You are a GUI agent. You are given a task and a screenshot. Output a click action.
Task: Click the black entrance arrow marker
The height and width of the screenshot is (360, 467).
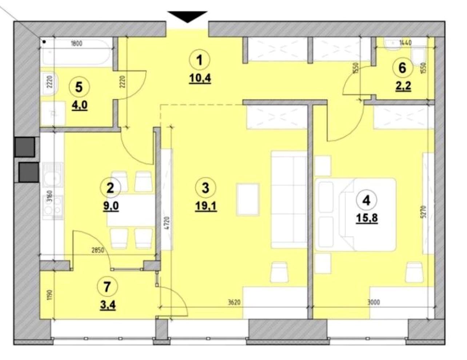pyautogui.click(x=187, y=16)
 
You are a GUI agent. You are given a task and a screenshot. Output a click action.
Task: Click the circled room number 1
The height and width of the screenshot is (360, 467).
pyautogui.click(x=200, y=60)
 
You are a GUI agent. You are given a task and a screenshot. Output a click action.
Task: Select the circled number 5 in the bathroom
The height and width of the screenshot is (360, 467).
pyautogui.click(x=79, y=87)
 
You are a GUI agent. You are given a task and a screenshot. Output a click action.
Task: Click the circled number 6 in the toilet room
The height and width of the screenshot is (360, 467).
pyautogui.click(x=402, y=68)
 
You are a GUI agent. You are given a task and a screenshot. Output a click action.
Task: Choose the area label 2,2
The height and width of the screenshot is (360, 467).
pyautogui.click(x=403, y=86)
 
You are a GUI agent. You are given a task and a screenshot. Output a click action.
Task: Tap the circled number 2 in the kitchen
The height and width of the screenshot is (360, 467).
pyautogui.click(x=110, y=188)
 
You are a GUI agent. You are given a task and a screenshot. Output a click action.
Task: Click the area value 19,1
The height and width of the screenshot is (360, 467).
pyautogui.click(x=206, y=207)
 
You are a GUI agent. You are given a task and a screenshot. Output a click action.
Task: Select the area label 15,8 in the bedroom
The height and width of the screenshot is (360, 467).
pyautogui.click(x=367, y=219)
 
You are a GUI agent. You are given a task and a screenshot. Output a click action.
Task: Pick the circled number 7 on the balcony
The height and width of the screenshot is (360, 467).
pyautogui.click(x=107, y=287)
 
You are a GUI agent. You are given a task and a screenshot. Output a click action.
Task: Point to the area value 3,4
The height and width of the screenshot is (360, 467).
pyautogui.click(x=108, y=305)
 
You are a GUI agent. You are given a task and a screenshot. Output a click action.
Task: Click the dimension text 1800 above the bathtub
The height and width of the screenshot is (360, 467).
pyautogui.click(x=76, y=44)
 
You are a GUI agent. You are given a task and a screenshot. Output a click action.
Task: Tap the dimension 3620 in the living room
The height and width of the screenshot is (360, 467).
pyautogui.click(x=234, y=302)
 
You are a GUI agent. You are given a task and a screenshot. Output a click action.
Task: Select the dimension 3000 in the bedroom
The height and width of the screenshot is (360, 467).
pyautogui.click(x=374, y=302)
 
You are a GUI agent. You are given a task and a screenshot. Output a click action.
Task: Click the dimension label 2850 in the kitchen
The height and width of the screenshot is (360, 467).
pyautogui.click(x=98, y=250)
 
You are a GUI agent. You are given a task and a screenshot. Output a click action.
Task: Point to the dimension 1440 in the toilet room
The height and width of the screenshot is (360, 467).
pyautogui.click(x=405, y=43)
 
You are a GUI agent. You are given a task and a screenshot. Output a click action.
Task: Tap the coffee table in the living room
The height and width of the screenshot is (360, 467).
pyautogui.click(x=247, y=199)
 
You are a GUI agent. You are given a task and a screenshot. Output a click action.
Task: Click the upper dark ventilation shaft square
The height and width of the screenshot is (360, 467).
pyautogui.click(x=25, y=147)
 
